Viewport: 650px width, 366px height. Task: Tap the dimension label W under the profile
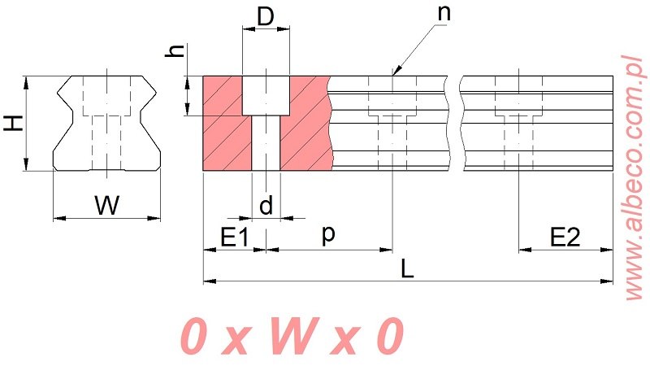tap(106, 206)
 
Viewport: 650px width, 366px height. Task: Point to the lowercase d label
tap(266, 206)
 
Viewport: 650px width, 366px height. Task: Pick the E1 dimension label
tap(234, 237)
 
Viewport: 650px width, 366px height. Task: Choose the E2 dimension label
tap(565, 237)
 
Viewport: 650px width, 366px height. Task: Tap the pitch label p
tap(328, 233)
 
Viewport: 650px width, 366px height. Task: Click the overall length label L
tap(408, 269)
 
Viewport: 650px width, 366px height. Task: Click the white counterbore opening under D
tap(266, 95)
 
